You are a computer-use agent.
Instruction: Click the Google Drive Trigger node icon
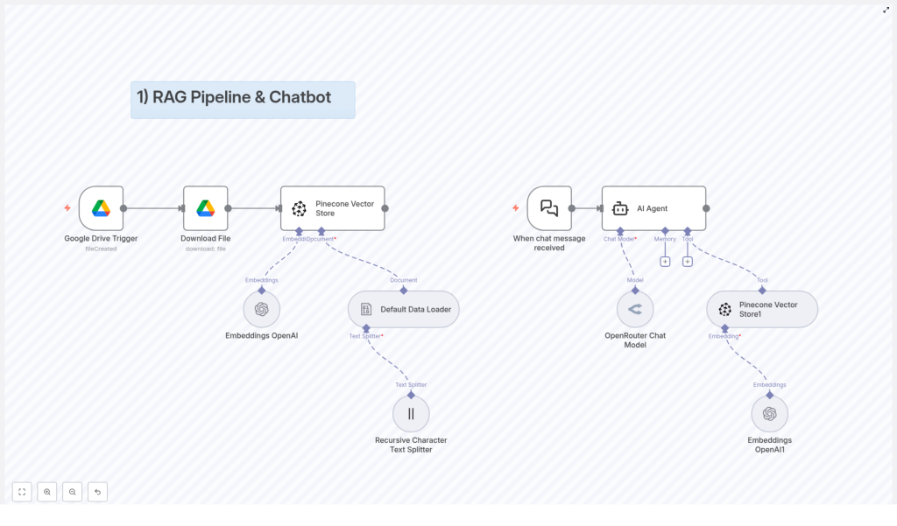click(101, 208)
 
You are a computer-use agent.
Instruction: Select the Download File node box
click(205, 208)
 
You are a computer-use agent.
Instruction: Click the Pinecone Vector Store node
click(332, 208)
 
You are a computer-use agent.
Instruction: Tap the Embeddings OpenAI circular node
click(261, 309)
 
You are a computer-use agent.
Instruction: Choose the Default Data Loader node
click(403, 309)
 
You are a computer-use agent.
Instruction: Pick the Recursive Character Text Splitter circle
click(411, 414)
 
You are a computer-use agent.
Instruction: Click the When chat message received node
click(549, 208)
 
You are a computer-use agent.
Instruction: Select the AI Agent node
click(653, 208)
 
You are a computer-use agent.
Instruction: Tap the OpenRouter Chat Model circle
click(635, 309)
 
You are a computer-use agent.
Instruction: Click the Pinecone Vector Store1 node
click(761, 309)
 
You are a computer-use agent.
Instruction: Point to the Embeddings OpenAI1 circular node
click(769, 414)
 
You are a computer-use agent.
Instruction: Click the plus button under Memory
click(665, 261)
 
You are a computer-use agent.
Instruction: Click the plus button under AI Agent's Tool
click(688, 261)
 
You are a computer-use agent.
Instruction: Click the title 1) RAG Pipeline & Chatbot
click(234, 97)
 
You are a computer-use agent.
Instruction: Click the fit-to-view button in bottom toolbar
click(22, 492)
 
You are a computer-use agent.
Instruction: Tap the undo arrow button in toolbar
click(97, 492)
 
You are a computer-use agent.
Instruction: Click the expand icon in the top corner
click(886, 10)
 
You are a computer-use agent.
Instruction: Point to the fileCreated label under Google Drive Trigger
click(101, 249)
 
